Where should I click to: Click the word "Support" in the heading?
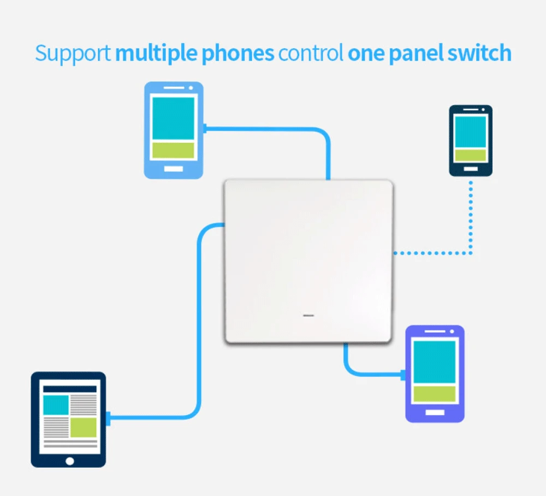[73, 54]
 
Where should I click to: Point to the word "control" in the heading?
[311, 54]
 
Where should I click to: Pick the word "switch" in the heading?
[480, 54]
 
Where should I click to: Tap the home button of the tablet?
[69, 461]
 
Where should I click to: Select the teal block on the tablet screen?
[56, 405]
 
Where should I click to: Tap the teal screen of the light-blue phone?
[173, 119]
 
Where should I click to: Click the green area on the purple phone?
[434, 393]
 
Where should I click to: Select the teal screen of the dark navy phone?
[470, 132]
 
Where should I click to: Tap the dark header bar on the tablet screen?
[69, 389]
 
